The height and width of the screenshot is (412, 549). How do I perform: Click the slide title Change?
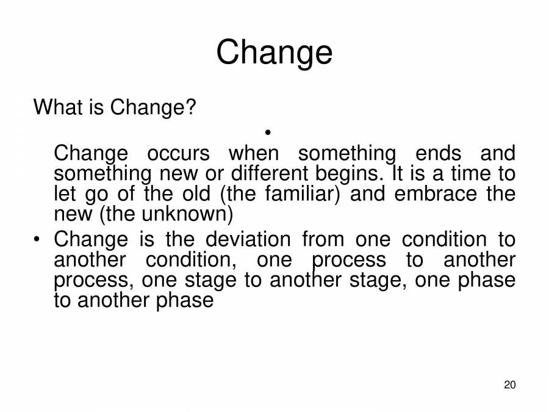pyautogui.click(x=274, y=53)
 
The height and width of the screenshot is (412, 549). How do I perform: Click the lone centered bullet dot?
pyautogui.click(x=268, y=132)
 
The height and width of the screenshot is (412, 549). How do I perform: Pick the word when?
pyautogui.click(x=253, y=153)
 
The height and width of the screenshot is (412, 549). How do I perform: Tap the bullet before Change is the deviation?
pyautogui.click(x=38, y=240)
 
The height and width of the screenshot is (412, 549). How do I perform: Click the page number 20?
pyautogui.click(x=511, y=385)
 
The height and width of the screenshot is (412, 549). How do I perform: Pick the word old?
pyautogui.click(x=195, y=194)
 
